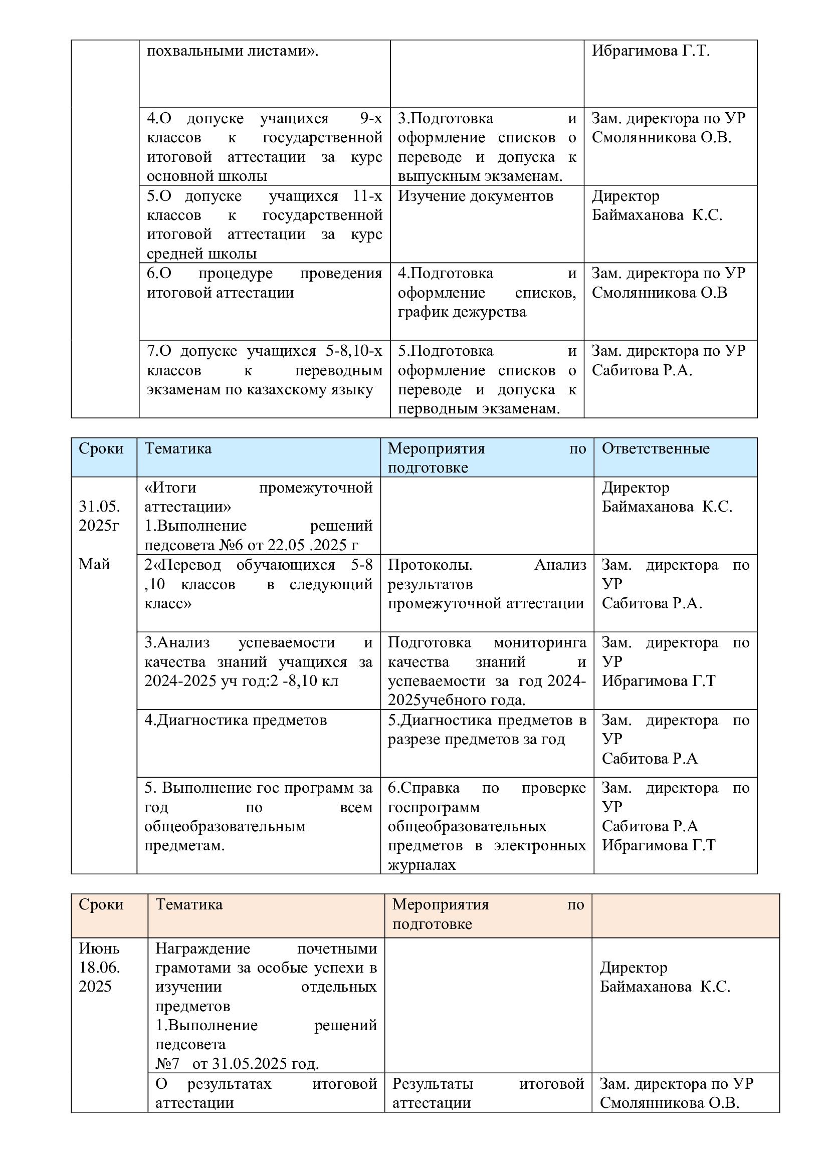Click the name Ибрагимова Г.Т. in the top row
click(651, 51)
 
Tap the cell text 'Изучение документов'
click(475, 196)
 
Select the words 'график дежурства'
click(462, 312)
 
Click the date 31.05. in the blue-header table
click(100, 507)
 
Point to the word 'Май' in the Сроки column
click(94, 564)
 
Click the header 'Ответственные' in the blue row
click(656, 448)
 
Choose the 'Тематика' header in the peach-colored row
click(189, 904)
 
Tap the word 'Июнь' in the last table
click(99, 949)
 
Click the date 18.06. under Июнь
click(100, 967)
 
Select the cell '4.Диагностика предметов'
click(236, 720)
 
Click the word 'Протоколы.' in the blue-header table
click(430, 565)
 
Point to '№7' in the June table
click(167, 1064)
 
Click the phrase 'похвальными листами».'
click(232, 51)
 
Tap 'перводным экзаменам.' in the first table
click(479, 409)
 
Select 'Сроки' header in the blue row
click(101, 448)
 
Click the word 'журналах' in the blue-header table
click(422, 865)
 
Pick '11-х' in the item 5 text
click(367, 196)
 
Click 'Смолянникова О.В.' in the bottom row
click(669, 1103)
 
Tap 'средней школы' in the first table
click(201, 254)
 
